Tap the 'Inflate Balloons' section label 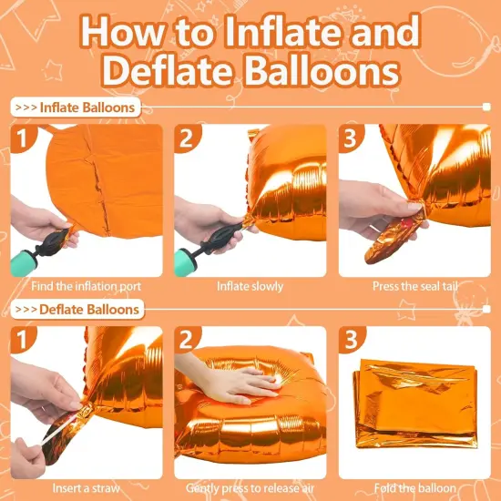pyautogui.click(x=77, y=107)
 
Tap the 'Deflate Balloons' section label pyautogui.click(x=78, y=309)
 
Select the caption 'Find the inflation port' pyautogui.click(x=87, y=286)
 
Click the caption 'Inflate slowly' pyautogui.click(x=250, y=286)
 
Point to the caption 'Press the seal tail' pyautogui.click(x=414, y=286)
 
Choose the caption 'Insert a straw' pyautogui.click(x=87, y=487)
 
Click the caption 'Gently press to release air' pyautogui.click(x=250, y=487)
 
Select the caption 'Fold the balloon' pyautogui.click(x=414, y=487)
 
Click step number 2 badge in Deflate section pyautogui.click(x=185, y=339)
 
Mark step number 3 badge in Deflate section pyautogui.click(x=350, y=339)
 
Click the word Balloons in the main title pyautogui.click(x=323, y=72)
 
